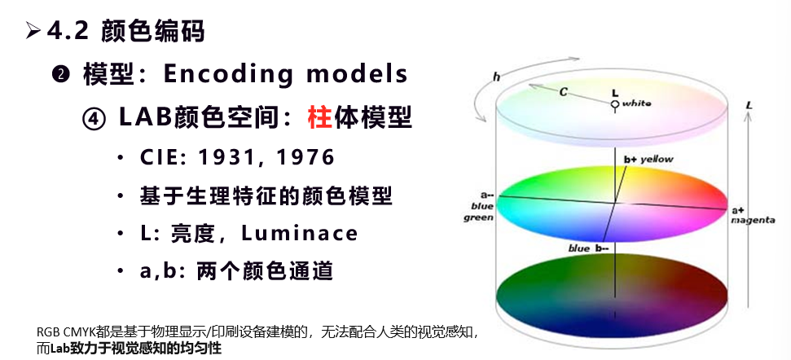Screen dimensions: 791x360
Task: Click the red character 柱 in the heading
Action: pos(319,117)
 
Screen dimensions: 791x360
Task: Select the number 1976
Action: pos(305,157)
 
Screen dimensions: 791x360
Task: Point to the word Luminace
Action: pos(300,233)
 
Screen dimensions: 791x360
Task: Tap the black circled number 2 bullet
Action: pos(60,75)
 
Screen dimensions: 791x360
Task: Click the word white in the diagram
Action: pos(637,103)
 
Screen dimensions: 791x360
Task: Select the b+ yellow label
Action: pos(648,160)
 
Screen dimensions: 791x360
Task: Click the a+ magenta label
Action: pos(753,215)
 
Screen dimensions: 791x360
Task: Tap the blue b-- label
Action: pos(588,248)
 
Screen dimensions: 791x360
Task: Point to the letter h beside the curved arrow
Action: pos(496,77)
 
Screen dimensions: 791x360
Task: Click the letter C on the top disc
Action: pos(564,92)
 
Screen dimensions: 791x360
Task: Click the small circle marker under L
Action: pos(614,104)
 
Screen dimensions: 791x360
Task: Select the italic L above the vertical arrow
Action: pos(749,105)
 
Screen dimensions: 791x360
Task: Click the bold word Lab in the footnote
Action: pos(59,349)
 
